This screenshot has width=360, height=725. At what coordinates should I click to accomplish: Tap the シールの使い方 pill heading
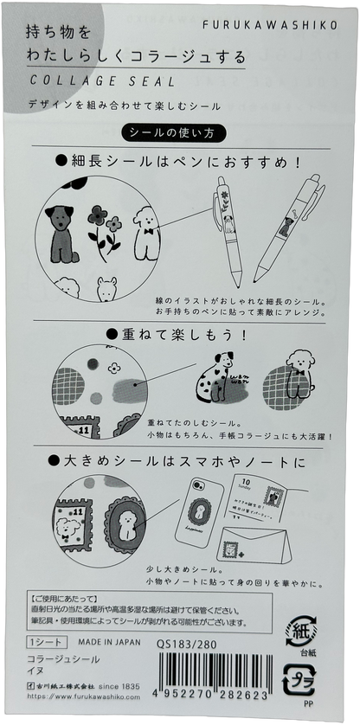pos(179,135)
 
